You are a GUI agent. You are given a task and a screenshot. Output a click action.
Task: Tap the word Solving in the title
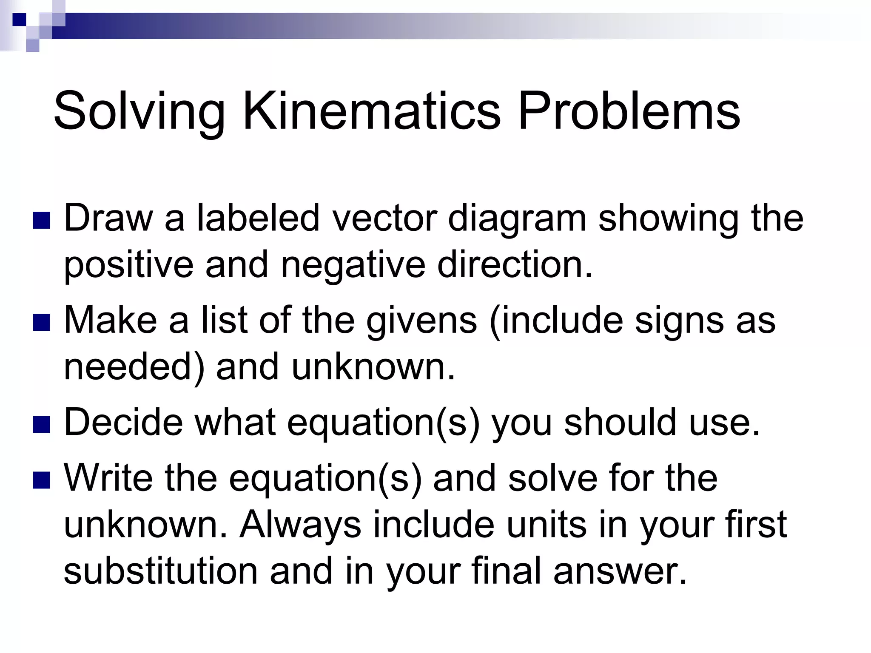139,111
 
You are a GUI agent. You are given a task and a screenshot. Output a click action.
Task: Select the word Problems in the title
629,111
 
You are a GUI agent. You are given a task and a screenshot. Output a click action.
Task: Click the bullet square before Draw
41,220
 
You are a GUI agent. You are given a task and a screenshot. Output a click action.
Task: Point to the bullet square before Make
41,322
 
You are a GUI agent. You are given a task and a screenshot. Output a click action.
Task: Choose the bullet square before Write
41,480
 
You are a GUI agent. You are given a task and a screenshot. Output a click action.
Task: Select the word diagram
517,219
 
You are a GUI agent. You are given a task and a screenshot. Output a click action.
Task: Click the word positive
128,265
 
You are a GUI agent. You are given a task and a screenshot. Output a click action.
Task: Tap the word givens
421,321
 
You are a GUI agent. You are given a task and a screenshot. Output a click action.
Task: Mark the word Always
300,525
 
